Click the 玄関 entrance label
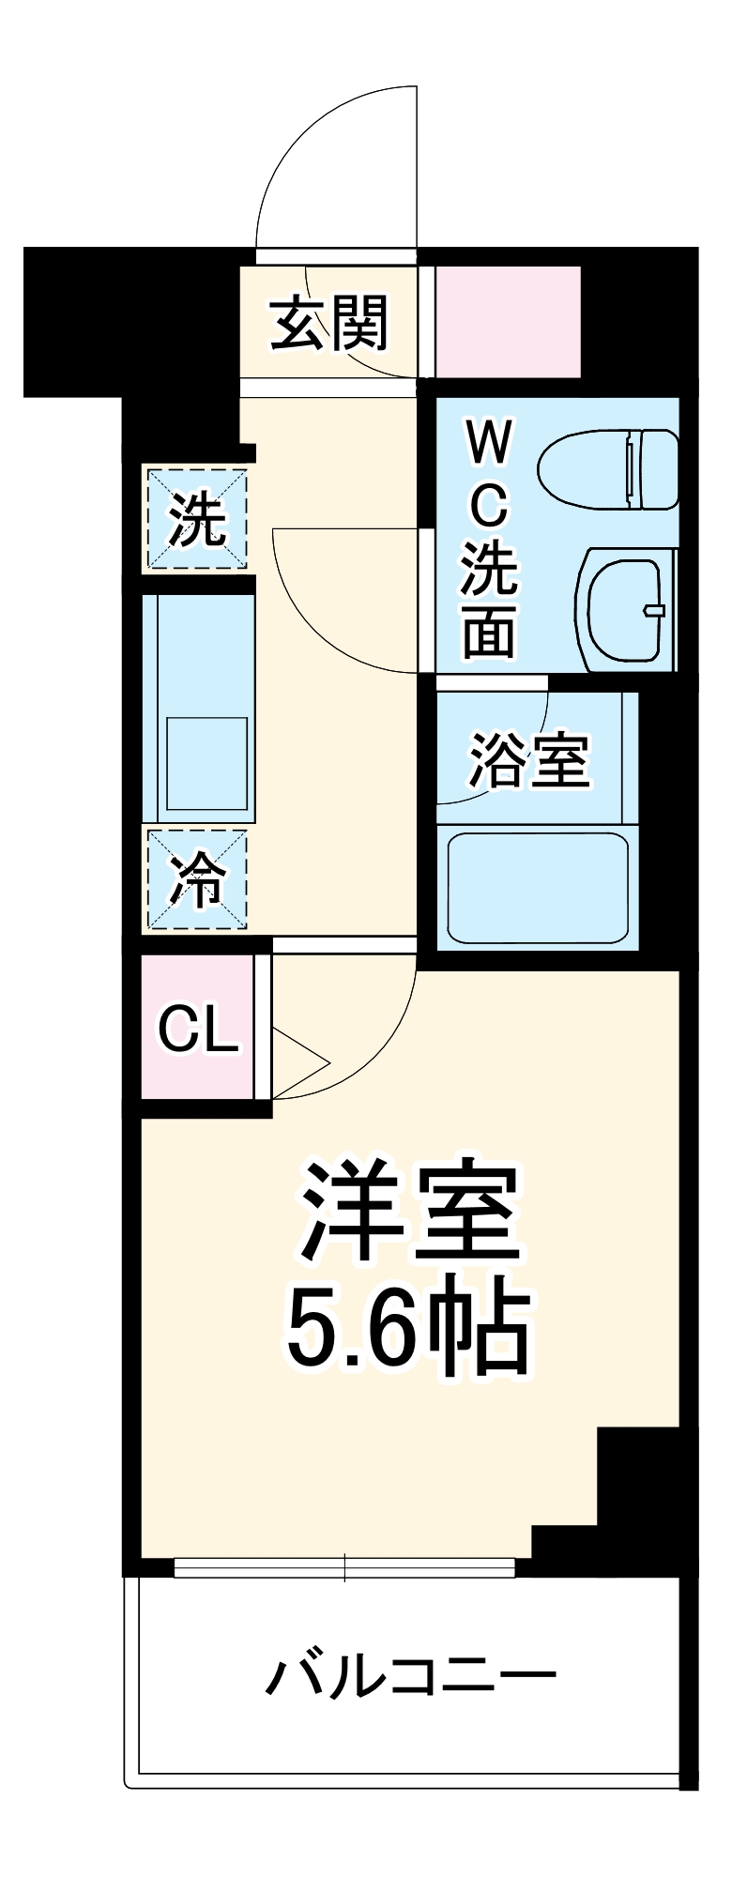[x=328, y=324]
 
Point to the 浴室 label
[x=528, y=760]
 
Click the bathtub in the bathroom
[x=537, y=888]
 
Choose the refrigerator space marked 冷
[x=196, y=880]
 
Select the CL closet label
[x=197, y=1030]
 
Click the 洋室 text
[x=409, y=1212]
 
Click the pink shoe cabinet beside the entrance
[x=508, y=322]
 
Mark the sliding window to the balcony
[x=344, y=1566]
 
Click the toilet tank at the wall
[x=657, y=468]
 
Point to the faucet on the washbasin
[x=654, y=610]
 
